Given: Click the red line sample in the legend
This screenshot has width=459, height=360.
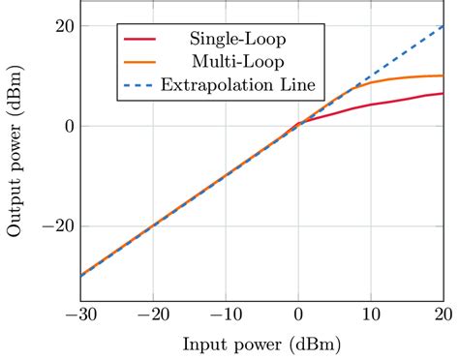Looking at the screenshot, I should point(141,40).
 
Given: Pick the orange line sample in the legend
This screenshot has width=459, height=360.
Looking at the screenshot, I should point(141,63).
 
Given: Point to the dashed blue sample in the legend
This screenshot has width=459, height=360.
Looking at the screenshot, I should point(141,86).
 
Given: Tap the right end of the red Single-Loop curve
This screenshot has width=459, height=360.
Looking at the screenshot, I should point(443,94).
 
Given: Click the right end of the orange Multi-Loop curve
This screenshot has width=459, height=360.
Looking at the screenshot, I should point(443,75).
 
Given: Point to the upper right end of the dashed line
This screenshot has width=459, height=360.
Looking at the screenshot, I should point(443,26).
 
